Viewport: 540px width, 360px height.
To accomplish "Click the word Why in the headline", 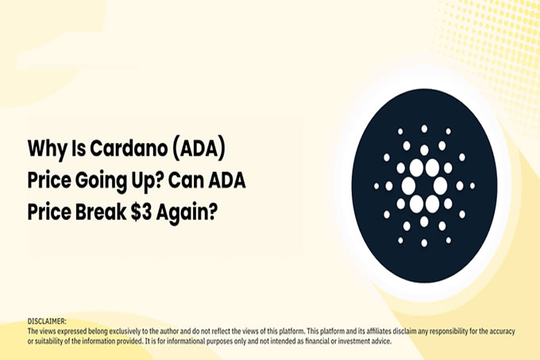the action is tap(47, 149).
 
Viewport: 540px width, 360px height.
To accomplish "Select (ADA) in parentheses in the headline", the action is tap(199, 149).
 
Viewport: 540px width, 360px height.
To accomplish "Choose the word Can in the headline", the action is tap(186, 180).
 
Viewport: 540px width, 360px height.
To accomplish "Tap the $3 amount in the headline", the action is tap(141, 212).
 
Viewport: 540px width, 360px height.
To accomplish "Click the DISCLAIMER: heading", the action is tap(47, 321).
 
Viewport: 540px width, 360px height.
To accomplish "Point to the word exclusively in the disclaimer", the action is tap(125, 331).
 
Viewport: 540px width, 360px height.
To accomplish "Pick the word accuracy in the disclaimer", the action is tap(503, 331).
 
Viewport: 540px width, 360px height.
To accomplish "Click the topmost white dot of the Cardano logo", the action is tap(424, 129).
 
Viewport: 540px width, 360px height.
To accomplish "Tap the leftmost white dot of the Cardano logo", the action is tap(376, 186).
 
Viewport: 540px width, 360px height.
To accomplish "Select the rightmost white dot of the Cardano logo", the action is tap(472, 186).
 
